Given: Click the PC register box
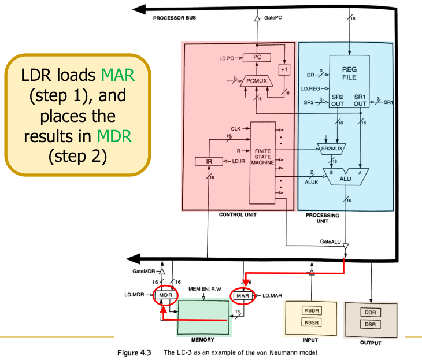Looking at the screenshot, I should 258,57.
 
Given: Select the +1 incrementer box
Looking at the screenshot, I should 284,68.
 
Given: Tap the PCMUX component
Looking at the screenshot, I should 256,81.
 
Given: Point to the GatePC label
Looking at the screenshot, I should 273,19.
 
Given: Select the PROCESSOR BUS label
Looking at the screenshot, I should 174,18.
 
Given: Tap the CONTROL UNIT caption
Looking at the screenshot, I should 237,214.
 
